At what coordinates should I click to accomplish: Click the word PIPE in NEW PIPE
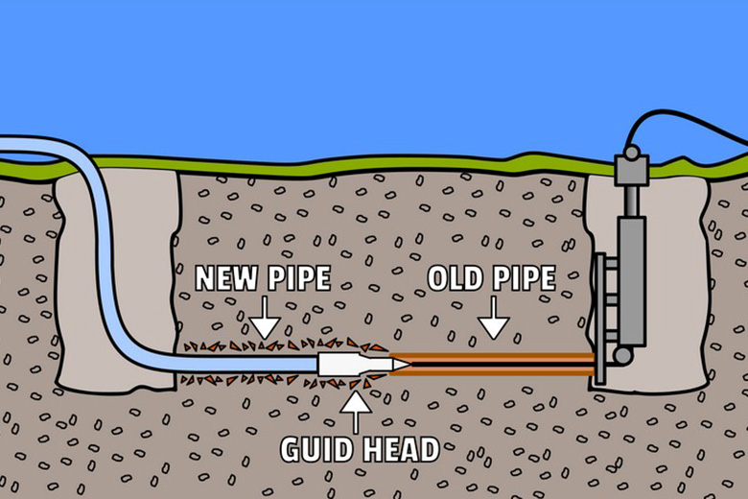point(297,279)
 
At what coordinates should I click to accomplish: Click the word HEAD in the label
point(398,449)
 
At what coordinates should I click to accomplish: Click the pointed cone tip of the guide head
point(401,365)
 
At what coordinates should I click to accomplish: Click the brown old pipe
point(499,364)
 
